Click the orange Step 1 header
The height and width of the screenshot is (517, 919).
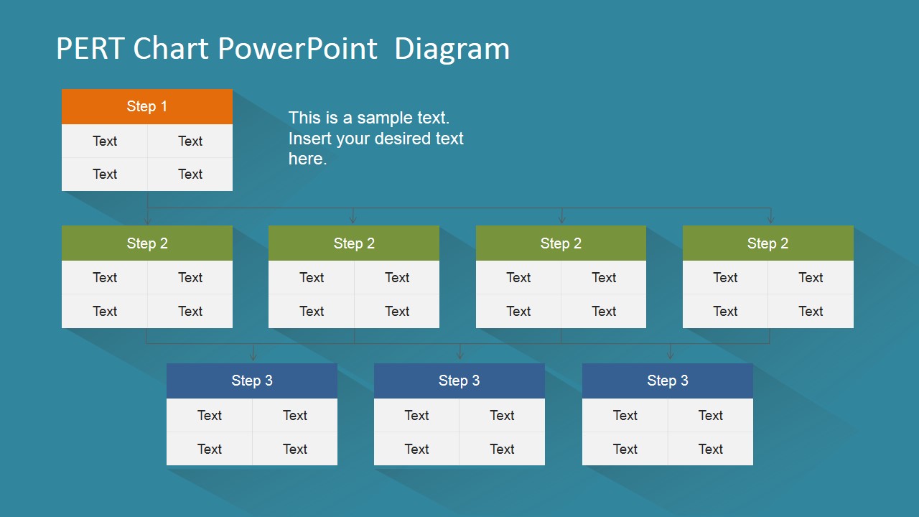point(147,106)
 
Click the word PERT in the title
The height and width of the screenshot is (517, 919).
point(90,49)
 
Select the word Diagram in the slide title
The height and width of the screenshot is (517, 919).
point(452,49)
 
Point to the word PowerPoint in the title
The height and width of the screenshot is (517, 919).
point(297,49)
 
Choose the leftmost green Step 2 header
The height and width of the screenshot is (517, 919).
point(147,243)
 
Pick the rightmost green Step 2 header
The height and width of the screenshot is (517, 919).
point(768,243)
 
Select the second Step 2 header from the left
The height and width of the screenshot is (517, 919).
point(354,243)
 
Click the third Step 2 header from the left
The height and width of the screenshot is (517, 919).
point(561,243)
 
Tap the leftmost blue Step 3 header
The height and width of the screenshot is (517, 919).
point(252,381)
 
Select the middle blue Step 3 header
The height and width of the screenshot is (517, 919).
point(459,381)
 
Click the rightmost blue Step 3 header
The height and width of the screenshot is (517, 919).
point(667,381)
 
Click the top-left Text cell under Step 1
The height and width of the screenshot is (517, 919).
point(105,141)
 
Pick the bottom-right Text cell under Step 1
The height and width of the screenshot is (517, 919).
point(190,174)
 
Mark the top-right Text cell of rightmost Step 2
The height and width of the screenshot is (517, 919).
point(811,278)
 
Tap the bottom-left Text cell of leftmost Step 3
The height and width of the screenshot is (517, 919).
point(210,449)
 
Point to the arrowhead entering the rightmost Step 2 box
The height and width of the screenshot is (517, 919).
point(770,220)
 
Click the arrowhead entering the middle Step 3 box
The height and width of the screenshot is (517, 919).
point(460,356)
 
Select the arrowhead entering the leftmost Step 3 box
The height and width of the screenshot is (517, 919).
point(253,356)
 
